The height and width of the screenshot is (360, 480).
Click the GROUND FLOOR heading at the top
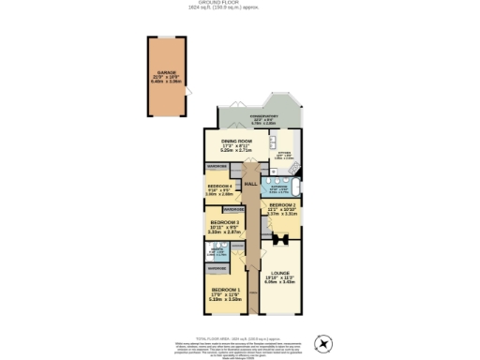point(239,3)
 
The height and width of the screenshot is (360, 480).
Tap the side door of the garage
point(188,91)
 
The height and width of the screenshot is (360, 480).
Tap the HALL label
point(250,184)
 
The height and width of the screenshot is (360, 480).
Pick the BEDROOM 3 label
point(224,226)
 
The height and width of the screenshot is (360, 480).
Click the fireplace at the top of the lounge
point(278,238)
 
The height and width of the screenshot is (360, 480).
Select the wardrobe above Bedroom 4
point(217,166)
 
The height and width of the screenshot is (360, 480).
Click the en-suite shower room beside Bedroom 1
point(217,251)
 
